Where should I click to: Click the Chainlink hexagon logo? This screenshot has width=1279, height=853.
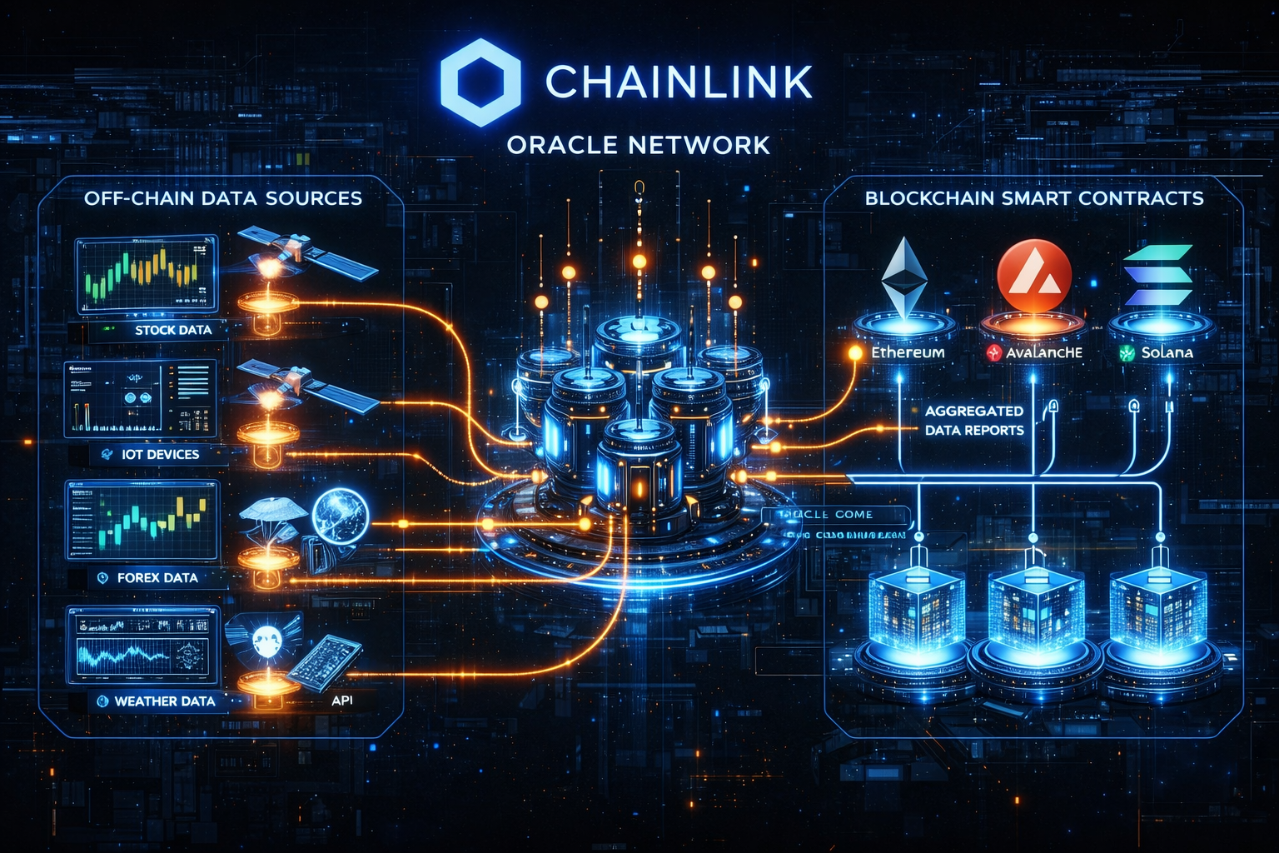pyautogui.click(x=480, y=82)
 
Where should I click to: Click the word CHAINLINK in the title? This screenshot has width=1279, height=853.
pyautogui.click(x=679, y=82)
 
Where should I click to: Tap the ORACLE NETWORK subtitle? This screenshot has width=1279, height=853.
pyautogui.click(x=639, y=145)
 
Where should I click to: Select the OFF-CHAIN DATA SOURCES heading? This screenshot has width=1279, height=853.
pyautogui.click(x=223, y=198)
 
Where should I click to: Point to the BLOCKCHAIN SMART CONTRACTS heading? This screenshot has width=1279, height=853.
pyautogui.click(x=1034, y=198)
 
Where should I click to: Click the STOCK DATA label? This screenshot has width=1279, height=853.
pyautogui.click(x=173, y=330)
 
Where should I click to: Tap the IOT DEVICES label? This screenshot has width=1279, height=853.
pyautogui.click(x=160, y=454)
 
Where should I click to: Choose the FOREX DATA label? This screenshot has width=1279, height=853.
pyautogui.click(x=157, y=577)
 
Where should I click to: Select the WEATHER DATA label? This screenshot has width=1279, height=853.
pyautogui.click(x=164, y=701)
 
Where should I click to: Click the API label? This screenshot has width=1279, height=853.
pyautogui.click(x=341, y=700)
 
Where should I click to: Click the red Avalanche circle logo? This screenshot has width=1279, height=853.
pyautogui.click(x=1033, y=277)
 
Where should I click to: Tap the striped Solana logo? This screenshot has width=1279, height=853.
pyautogui.click(x=1157, y=275)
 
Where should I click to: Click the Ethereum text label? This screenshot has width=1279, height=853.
pyautogui.click(x=908, y=352)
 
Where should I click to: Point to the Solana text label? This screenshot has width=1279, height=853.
pyautogui.click(x=1167, y=352)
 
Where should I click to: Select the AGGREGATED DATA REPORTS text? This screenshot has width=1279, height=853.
pyautogui.click(x=974, y=421)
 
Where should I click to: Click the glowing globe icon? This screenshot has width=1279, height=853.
pyautogui.click(x=340, y=514)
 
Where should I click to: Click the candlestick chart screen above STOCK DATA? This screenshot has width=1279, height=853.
pyautogui.click(x=147, y=273)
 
